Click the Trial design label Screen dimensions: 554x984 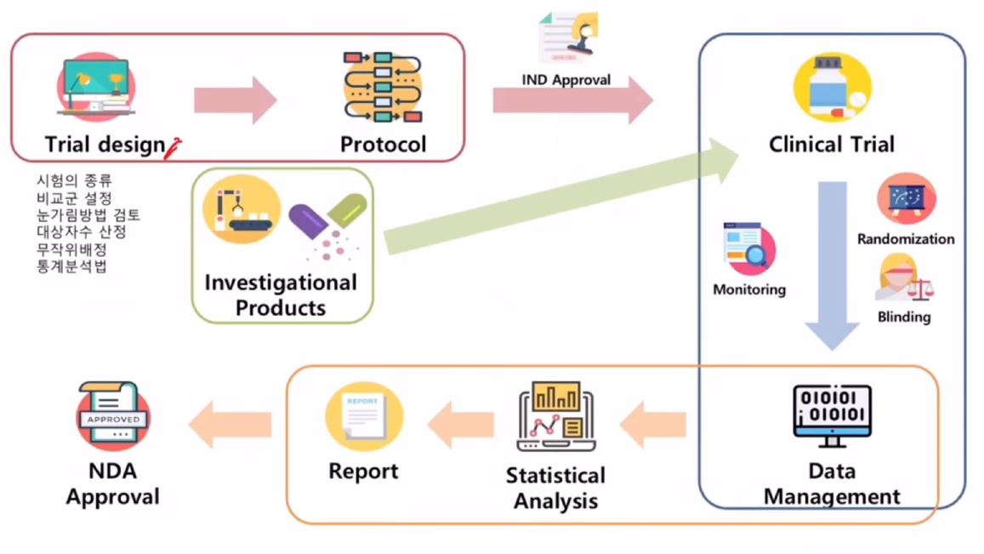point(104,145)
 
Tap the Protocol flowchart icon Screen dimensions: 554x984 point(383,89)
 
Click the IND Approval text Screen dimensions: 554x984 point(566,80)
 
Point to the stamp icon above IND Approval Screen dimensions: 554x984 point(568,37)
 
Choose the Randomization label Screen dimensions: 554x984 point(906,239)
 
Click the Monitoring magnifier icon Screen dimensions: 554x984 point(748,248)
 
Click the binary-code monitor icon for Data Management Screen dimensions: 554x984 point(831,415)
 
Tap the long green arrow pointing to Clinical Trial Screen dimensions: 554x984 point(561,204)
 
